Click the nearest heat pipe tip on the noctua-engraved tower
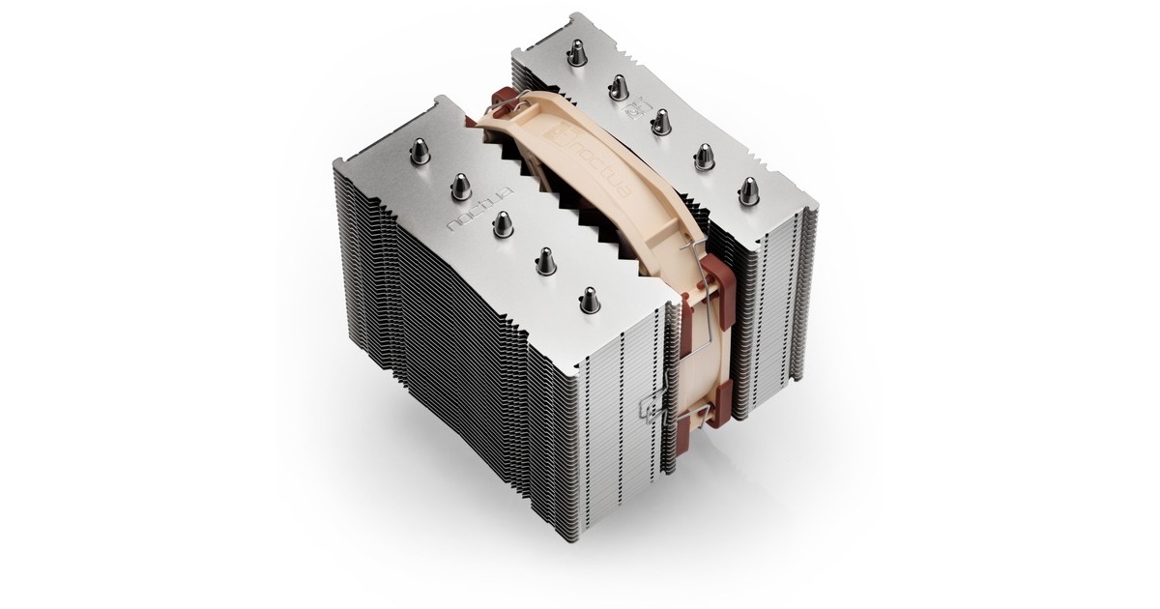pos(589,301)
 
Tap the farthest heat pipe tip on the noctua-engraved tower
pos(420,151)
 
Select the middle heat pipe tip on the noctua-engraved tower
pos(502,224)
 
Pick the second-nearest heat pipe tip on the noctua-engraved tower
pos(545,261)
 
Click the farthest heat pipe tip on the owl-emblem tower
pos(576,53)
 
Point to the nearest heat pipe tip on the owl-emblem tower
pos(748,190)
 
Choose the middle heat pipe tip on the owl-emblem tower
pos(659,122)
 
